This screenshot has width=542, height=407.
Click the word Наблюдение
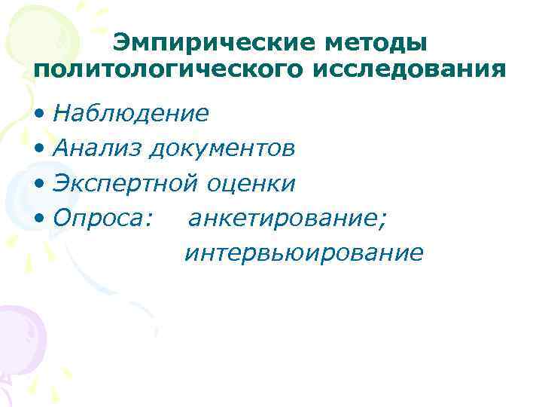[131, 113]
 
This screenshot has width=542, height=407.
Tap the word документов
[221, 148]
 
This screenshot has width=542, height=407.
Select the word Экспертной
[125, 183]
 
